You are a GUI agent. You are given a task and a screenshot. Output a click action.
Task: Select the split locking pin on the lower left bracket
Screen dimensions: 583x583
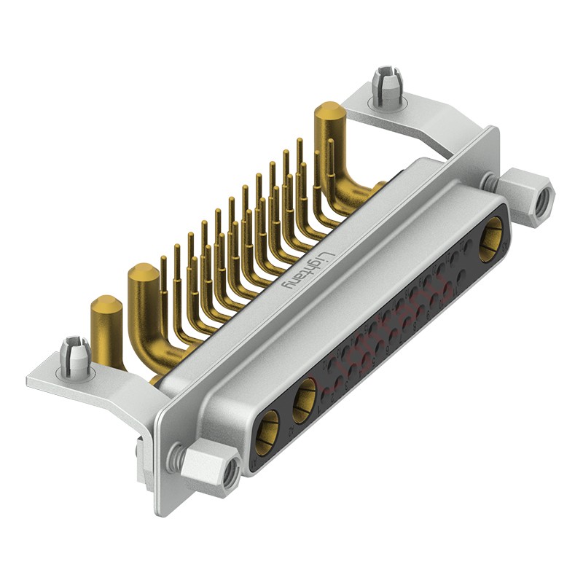coord(75,356)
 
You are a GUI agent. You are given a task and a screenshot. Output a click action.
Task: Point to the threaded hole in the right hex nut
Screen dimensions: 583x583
coord(541,204)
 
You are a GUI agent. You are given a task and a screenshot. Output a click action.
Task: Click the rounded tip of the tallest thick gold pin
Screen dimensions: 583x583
coord(329,111)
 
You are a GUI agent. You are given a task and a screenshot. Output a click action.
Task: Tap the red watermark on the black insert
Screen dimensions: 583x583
coord(379,335)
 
